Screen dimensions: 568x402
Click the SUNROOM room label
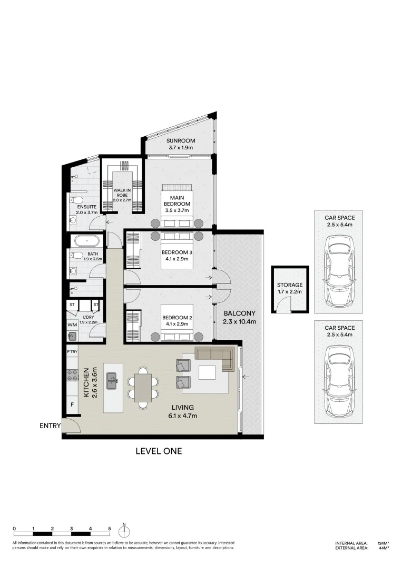(181, 141)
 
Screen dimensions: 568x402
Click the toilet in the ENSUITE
(76, 200)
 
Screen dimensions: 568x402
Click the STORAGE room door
(285, 304)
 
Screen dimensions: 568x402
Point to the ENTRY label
(50, 426)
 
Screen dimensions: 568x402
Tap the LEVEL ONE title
(159, 451)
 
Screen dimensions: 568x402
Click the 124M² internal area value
(383, 543)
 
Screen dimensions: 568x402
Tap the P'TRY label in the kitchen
(72, 351)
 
